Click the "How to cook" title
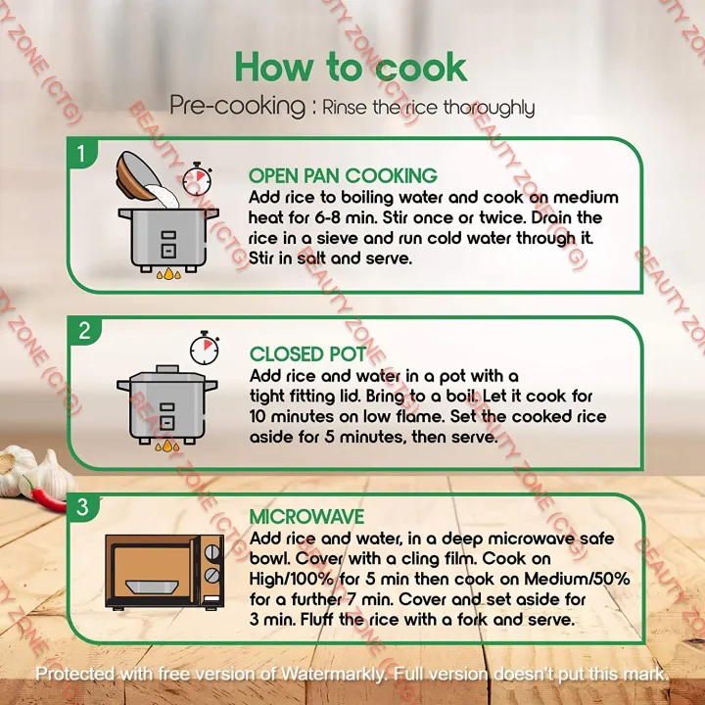click(351, 68)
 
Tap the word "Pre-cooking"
click(237, 106)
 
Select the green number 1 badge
click(81, 154)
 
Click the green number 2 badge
click(84, 331)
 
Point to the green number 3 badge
click(82, 507)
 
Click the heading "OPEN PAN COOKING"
click(343, 176)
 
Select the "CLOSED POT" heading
click(308, 354)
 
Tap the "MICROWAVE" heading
click(306, 517)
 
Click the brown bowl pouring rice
click(138, 176)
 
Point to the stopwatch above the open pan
click(198, 179)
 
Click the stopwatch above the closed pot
click(205, 348)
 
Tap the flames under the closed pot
click(167, 446)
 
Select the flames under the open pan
click(168, 273)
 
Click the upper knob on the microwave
click(211, 552)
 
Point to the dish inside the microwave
click(152, 587)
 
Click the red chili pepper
click(47, 496)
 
